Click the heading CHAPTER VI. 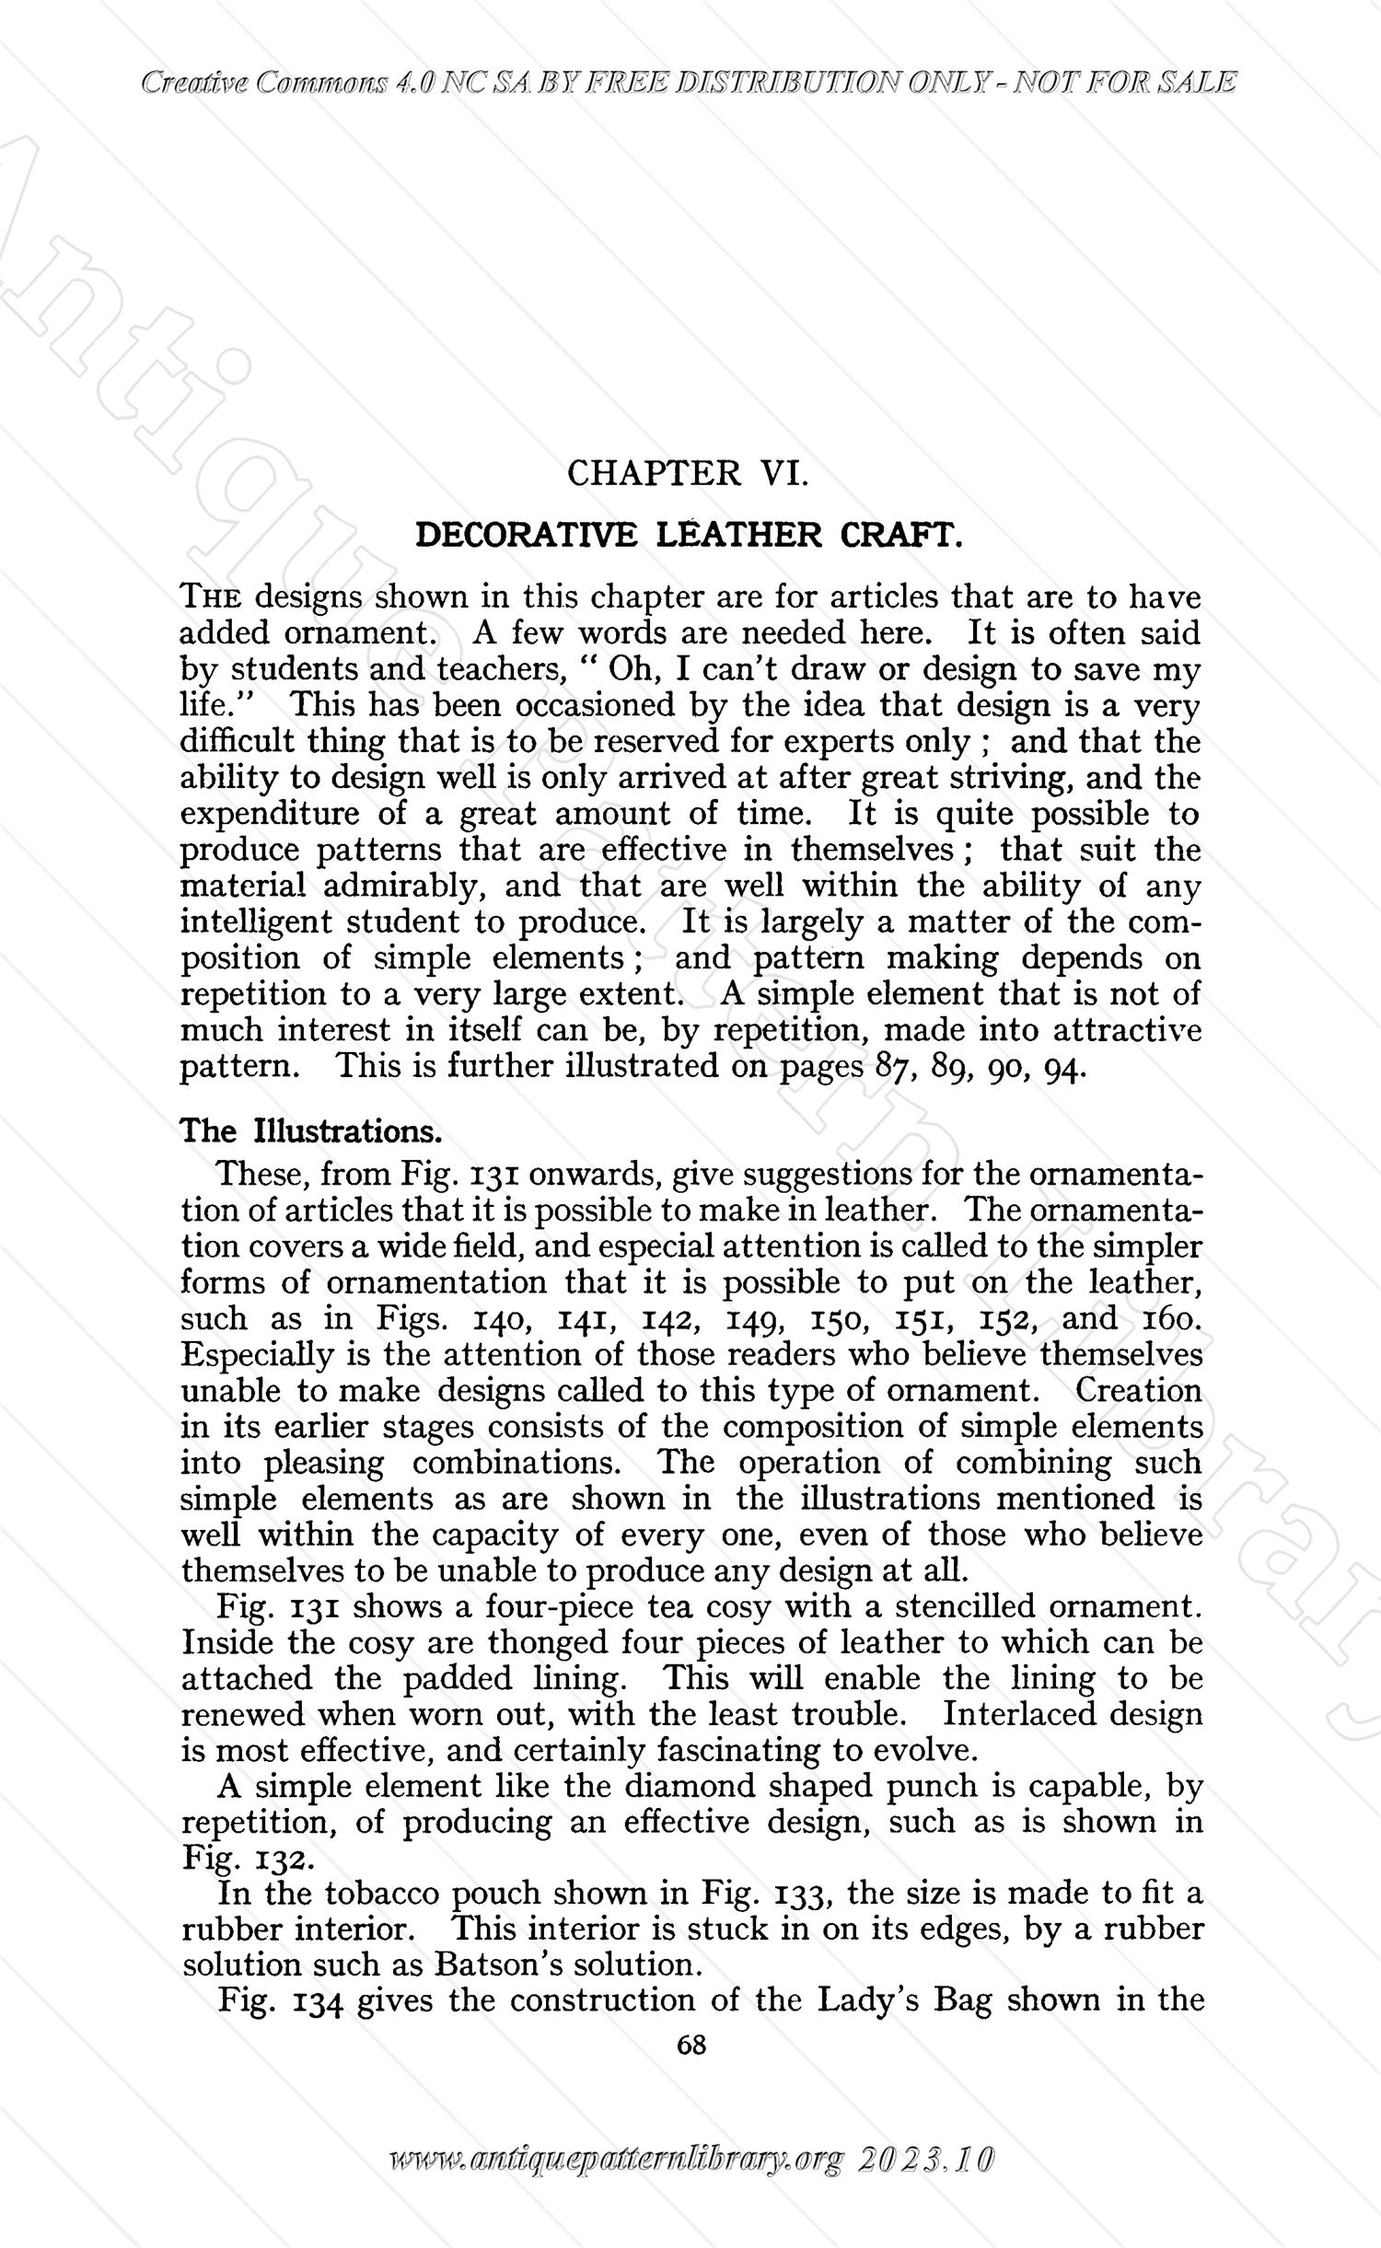[x=689, y=473]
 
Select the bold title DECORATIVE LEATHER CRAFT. [x=690, y=535]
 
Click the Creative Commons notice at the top [x=690, y=84]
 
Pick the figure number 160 [x=1171, y=1319]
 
